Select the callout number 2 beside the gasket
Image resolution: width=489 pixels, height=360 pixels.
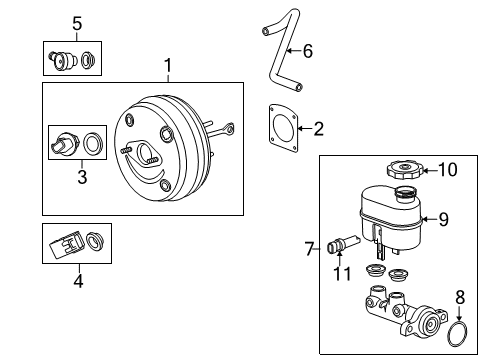point(318,128)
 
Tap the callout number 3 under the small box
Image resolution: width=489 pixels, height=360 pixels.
point(83,178)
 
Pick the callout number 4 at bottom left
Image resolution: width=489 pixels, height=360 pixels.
point(77,281)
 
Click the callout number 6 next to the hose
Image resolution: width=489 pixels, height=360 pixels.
point(307,50)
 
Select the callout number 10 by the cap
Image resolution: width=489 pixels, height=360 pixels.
point(448,170)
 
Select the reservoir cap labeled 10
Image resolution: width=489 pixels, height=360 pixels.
point(401,170)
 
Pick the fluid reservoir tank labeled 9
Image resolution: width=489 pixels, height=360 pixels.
point(390,222)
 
